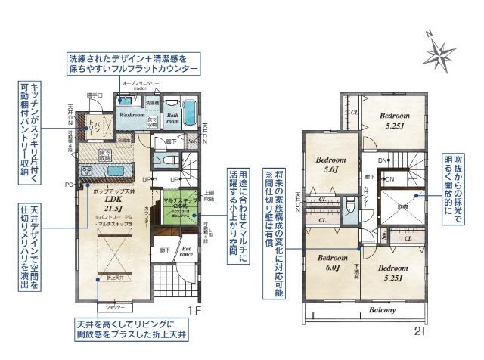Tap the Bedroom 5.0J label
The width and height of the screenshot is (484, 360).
[x=330, y=165]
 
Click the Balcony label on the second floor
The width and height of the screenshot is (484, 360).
[x=383, y=310]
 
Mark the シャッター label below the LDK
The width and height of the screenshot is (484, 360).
[x=114, y=307]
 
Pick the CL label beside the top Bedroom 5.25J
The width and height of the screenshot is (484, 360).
[x=355, y=113]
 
